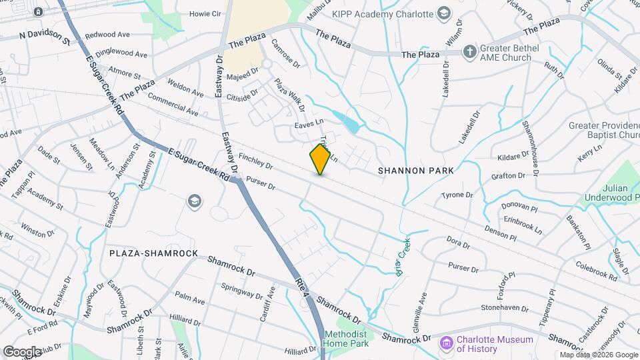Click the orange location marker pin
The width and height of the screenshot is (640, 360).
(x=321, y=159)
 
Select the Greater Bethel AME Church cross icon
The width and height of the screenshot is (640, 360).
(x=470, y=51)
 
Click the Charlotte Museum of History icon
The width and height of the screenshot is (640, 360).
(x=447, y=343)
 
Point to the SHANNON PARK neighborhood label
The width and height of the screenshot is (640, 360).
(x=415, y=171)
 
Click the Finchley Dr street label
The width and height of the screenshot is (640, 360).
(x=256, y=161)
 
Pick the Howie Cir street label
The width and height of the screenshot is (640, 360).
(x=205, y=13)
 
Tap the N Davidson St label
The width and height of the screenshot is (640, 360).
(x=45, y=35)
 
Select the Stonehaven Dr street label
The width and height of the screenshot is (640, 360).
(x=505, y=309)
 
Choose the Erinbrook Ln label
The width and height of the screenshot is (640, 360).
(x=523, y=223)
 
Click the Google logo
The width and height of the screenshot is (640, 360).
(x=23, y=351)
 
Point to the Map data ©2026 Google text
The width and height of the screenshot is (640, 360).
(x=598, y=355)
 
